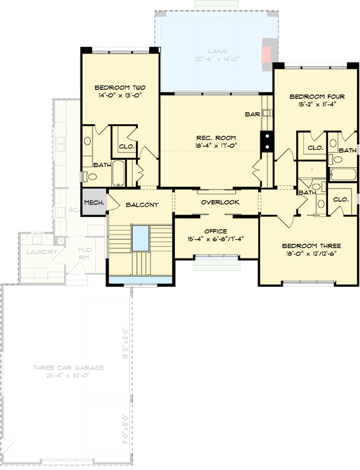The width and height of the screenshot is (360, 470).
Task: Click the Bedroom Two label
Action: click(120, 88)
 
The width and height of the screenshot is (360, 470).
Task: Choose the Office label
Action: click(215, 230)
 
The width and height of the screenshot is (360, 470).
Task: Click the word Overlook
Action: click(220, 202)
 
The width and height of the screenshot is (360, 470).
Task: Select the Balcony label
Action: click(142, 205)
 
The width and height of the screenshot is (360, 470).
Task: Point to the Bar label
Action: click(252, 113)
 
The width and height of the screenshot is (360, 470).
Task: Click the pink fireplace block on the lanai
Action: click(267, 54)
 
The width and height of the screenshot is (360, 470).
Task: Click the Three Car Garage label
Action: click(68, 368)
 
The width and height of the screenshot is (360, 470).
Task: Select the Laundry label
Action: click(41, 252)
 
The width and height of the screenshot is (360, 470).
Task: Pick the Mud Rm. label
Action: click(85, 254)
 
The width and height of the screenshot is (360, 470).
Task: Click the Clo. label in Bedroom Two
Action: click(126, 147)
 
